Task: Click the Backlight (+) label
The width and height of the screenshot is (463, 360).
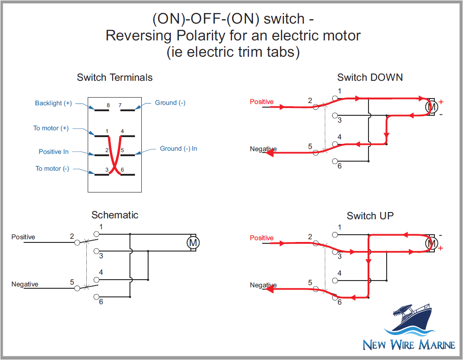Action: (53, 103)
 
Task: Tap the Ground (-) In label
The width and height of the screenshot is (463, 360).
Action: (178, 148)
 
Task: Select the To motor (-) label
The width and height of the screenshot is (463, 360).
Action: (52, 168)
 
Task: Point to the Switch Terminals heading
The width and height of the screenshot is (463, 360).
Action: (115, 77)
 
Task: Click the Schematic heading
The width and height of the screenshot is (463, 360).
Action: (115, 215)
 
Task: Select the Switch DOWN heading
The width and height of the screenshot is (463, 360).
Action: (369, 77)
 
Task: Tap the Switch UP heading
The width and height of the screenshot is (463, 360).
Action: (370, 216)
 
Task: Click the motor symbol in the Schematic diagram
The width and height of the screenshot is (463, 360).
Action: (194, 243)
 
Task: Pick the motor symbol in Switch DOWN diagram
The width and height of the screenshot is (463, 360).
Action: (431, 107)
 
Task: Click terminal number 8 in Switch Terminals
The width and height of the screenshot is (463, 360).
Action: (108, 105)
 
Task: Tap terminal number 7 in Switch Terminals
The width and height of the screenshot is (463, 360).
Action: (120, 105)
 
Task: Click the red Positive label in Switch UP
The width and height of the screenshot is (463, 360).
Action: (262, 238)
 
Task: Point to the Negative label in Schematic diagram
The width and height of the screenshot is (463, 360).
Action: (25, 284)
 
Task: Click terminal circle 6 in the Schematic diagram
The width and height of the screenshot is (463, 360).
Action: (96, 297)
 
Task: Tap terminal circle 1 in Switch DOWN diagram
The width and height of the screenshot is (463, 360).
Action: (335, 98)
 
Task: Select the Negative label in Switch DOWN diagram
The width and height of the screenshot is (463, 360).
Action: (263, 149)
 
